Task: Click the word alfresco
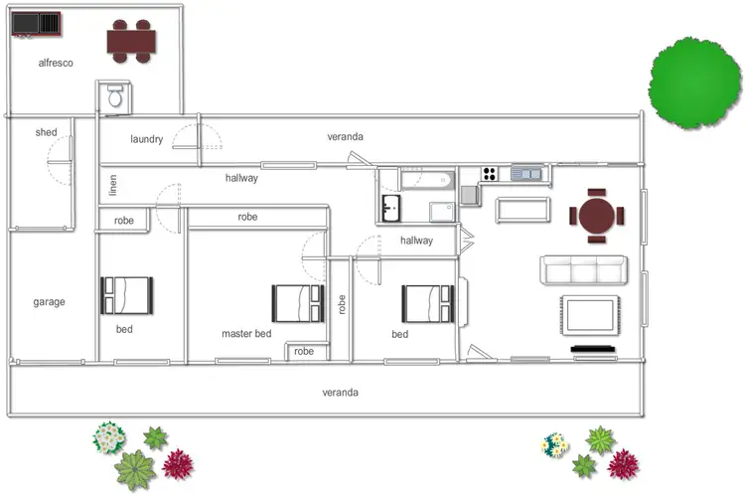pyautogui.click(x=56, y=62)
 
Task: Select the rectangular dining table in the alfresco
pyautogui.click(x=132, y=41)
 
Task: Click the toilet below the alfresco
pyautogui.click(x=114, y=97)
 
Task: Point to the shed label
pyautogui.click(x=46, y=132)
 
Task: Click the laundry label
pyautogui.click(x=146, y=139)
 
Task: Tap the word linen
pyautogui.click(x=113, y=185)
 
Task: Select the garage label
pyautogui.click(x=49, y=302)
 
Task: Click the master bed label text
pyautogui.click(x=246, y=334)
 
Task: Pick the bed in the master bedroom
pyautogui.click(x=298, y=303)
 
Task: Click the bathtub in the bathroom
pyautogui.click(x=427, y=182)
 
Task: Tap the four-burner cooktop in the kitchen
pyautogui.click(x=490, y=174)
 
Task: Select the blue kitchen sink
pyautogui.click(x=526, y=174)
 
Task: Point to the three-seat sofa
pyautogui.click(x=582, y=270)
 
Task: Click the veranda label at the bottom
pyautogui.click(x=340, y=393)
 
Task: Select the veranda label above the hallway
pyautogui.click(x=346, y=136)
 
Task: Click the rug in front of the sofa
pyautogui.click(x=592, y=314)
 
